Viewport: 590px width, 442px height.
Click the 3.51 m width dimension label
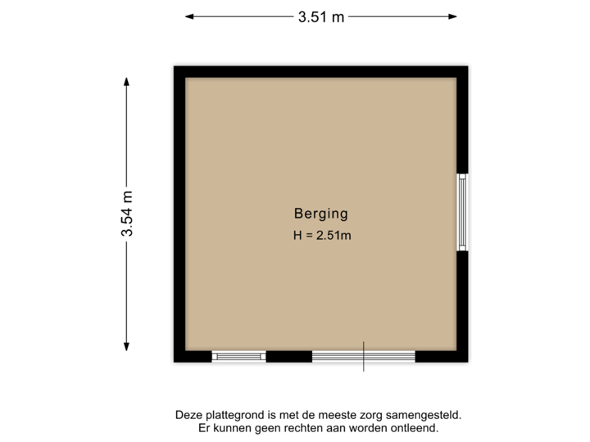click(321, 16)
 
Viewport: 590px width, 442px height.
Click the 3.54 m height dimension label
click(127, 213)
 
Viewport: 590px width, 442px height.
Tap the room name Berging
click(320, 214)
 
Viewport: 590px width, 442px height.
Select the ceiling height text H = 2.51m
click(322, 236)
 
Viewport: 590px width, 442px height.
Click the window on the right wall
click(463, 212)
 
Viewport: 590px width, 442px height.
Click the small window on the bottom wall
click(238, 356)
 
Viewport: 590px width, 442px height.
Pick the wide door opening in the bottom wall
click(363, 356)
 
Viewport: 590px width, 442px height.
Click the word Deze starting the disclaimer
click(188, 416)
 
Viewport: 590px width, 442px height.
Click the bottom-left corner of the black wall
click(171, 364)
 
